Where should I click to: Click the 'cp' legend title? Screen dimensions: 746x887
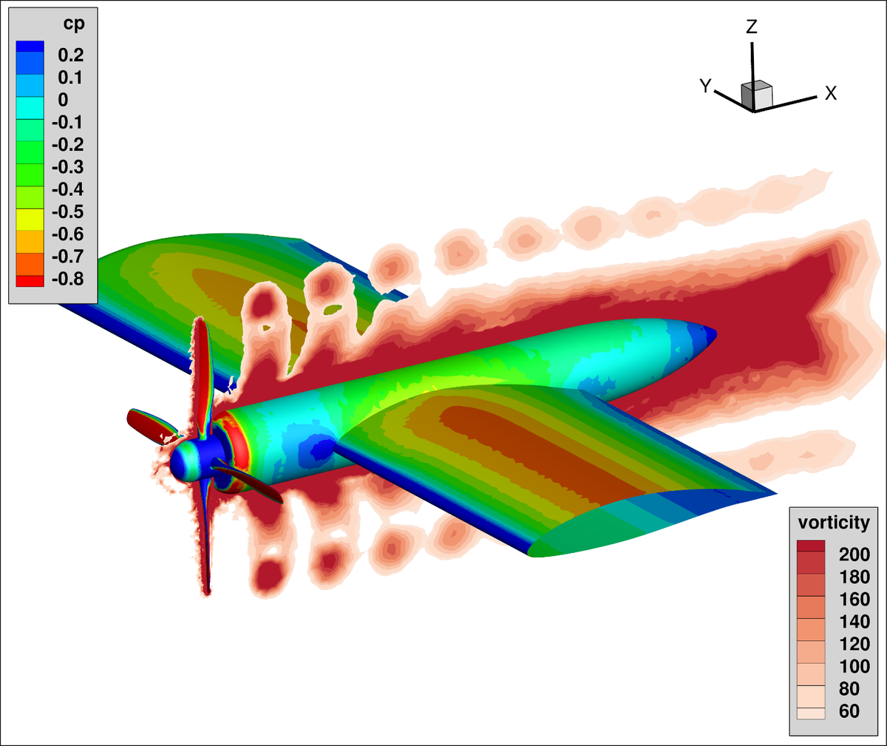[x=73, y=24]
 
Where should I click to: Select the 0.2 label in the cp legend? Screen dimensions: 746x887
[x=71, y=55]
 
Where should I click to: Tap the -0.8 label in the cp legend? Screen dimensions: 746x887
[x=67, y=279]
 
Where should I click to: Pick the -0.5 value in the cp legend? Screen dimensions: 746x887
[x=67, y=211]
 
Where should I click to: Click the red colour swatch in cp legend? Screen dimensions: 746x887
[x=30, y=280]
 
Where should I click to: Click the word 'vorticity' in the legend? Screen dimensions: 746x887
[x=834, y=523]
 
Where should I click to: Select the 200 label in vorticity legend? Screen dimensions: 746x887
[x=854, y=555]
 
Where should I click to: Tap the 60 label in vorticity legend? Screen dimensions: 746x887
[x=849, y=711]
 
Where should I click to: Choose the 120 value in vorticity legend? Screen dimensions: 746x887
[x=854, y=644]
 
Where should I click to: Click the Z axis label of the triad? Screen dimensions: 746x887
[x=752, y=27]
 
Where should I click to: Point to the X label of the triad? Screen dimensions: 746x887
[x=831, y=93]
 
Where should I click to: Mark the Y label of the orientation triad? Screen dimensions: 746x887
[x=705, y=87]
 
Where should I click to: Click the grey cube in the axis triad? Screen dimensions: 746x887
[x=756, y=95]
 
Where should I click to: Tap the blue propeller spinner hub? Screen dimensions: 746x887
[x=185, y=462]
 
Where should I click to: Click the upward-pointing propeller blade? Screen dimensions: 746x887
[x=199, y=370]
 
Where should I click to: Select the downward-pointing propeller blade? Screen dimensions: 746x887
[x=207, y=547]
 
